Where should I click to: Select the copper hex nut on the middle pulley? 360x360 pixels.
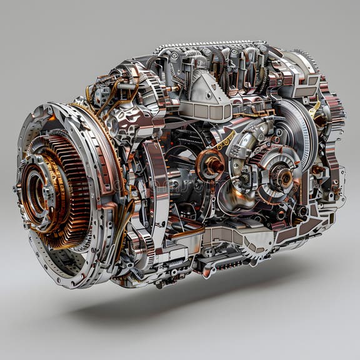tap(211, 166)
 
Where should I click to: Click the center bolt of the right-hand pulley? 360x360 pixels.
tap(284, 177)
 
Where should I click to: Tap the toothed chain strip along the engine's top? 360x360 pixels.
tap(206, 45)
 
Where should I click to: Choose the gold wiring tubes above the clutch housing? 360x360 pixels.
tap(112, 94)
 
